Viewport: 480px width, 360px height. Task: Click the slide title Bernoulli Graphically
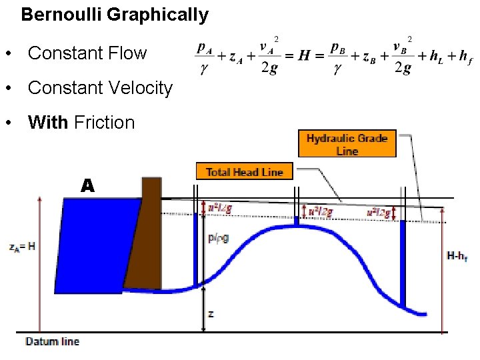click(x=115, y=15)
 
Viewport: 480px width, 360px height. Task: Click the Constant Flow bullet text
click(x=87, y=53)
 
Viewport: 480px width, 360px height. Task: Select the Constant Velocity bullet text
click(x=100, y=88)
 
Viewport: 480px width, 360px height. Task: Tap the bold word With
click(x=48, y=123)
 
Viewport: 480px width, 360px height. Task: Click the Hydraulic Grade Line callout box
click(x=347, y=144)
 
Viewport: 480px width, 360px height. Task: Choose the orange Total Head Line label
click(x=245, y=172)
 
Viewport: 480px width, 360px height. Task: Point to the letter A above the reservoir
click(x=88, y=186)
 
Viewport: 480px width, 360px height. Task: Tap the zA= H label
click(x=23, y=246)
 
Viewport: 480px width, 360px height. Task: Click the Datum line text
click(x=52, y=342)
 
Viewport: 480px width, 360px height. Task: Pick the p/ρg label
click(x=218, y=238)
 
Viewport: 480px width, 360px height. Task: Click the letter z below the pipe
click(x=211, y=313)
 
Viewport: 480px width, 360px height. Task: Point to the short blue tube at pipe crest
click(x=298, y=221)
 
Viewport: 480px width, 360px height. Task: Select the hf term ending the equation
click(x=465, y=57)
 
